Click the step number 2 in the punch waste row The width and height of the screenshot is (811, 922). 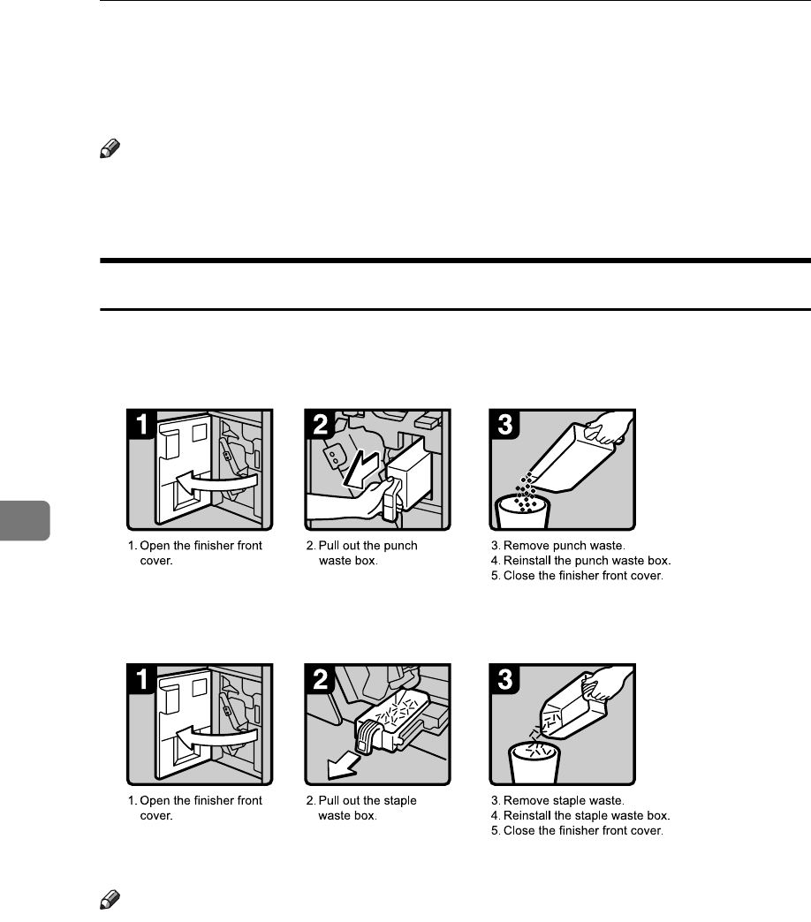point(322,425)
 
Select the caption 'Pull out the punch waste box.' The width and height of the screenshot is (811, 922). point(368,553)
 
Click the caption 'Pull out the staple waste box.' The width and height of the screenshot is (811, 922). point(367,807)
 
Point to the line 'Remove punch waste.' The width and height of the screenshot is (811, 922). point(553,546)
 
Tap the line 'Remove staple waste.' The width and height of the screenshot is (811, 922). point(552,800)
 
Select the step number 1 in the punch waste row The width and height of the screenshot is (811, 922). point(144,425)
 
